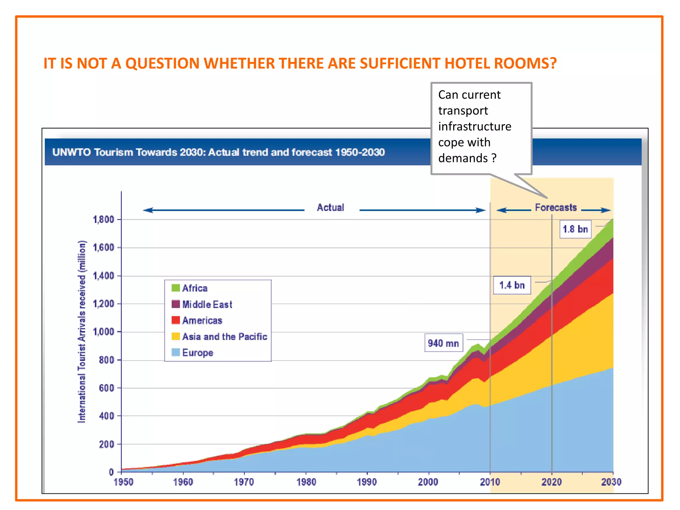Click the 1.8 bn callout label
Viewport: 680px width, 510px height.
575,229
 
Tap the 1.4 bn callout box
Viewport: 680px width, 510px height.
512,285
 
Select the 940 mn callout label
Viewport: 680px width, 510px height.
443,343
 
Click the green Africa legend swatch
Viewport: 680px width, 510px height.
175,288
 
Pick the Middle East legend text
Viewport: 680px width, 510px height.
207,304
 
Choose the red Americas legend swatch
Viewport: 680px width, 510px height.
175,320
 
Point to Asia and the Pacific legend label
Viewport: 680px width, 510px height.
224,336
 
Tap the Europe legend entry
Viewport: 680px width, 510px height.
198,353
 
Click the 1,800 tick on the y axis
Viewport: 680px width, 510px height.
103,219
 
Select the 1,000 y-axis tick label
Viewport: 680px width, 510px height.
103,332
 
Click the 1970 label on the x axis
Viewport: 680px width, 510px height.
244,482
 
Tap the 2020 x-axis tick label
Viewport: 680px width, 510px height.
552,482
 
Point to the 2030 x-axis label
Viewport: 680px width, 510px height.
611,482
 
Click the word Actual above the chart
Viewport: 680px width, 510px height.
330,208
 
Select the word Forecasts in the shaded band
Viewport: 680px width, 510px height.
556,208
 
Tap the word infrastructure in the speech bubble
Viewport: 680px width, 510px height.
475,127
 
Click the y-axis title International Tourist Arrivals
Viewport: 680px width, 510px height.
82,332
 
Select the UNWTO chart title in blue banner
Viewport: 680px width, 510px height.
218,152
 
